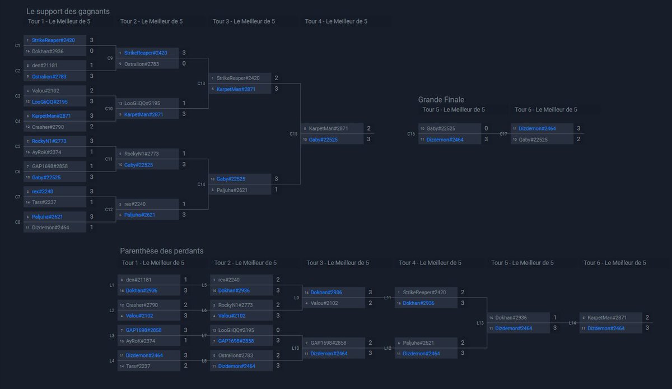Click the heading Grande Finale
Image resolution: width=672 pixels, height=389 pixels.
(x=441, y=100)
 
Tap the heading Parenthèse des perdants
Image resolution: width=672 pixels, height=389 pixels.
(x=162, y=251)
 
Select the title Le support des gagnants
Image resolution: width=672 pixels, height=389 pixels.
(x=68, y=11)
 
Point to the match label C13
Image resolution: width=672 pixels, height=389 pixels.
(x=201, y=83)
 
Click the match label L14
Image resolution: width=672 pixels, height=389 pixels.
(x=572, y=323)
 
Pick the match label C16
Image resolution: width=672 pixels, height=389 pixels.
(x=411, y=134)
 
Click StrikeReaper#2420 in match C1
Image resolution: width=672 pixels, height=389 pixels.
(x=53, y=40)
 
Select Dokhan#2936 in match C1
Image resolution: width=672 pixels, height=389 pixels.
(x=48, y=52)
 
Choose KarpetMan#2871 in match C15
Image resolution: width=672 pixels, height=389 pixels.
(x=328, y=128)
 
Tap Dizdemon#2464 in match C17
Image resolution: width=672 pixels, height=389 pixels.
(x=537, y=128)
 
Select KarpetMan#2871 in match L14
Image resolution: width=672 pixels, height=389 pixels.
(x=608, y=317)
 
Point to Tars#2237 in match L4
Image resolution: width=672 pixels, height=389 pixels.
(x=138, y=366)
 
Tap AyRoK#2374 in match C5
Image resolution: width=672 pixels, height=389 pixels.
(x=47, y=152)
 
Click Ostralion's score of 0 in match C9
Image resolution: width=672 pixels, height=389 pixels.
(x=184, y=64)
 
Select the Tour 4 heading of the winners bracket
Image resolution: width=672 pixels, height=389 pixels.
(x=336, y=21)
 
